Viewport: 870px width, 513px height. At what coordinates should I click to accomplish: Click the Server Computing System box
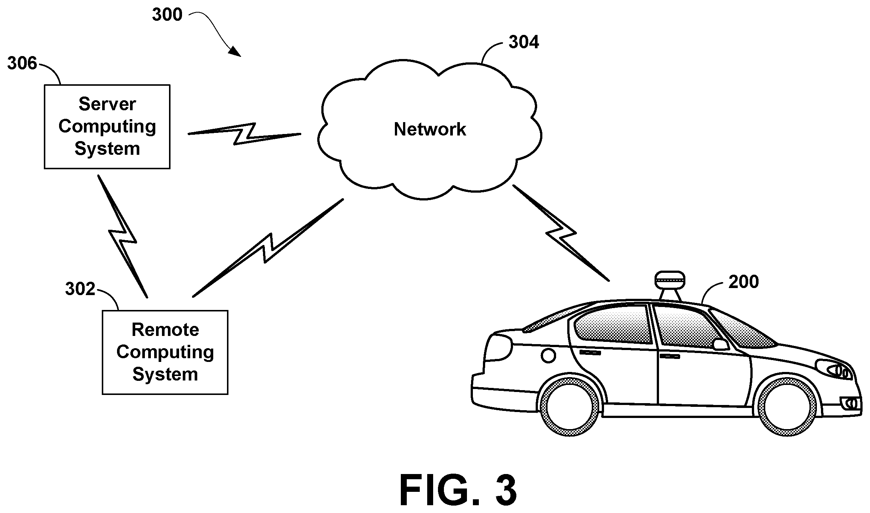tap(107, 127)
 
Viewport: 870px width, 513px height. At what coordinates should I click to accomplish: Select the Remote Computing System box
tap(165, 352)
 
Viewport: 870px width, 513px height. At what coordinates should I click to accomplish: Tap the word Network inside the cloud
tap(430, 130)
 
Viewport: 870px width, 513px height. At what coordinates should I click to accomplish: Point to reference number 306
tap(22, 63)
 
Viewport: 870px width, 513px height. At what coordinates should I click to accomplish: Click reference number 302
tap(80, 289)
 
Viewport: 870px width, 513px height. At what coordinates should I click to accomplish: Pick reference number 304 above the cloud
tap(524, 42)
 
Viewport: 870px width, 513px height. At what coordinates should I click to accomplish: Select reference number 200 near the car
tap(743, 282)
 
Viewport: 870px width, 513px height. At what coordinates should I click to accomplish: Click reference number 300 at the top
tap(167, 15)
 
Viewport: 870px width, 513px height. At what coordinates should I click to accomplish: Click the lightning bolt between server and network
tap(244, 134)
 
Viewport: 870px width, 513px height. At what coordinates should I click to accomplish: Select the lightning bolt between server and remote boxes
tap(123, 236)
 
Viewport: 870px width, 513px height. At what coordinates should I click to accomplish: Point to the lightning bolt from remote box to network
tap(268, 248)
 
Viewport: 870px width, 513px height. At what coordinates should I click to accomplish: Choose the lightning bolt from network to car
tap(561, 233)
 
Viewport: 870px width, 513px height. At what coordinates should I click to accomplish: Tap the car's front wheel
tap(787, 407)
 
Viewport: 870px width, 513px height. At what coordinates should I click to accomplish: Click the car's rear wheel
tap(569, 407)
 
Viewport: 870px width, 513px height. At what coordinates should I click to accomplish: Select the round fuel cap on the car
tap(548, 356)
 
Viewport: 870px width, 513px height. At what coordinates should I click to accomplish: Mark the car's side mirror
tap(721, 344)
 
